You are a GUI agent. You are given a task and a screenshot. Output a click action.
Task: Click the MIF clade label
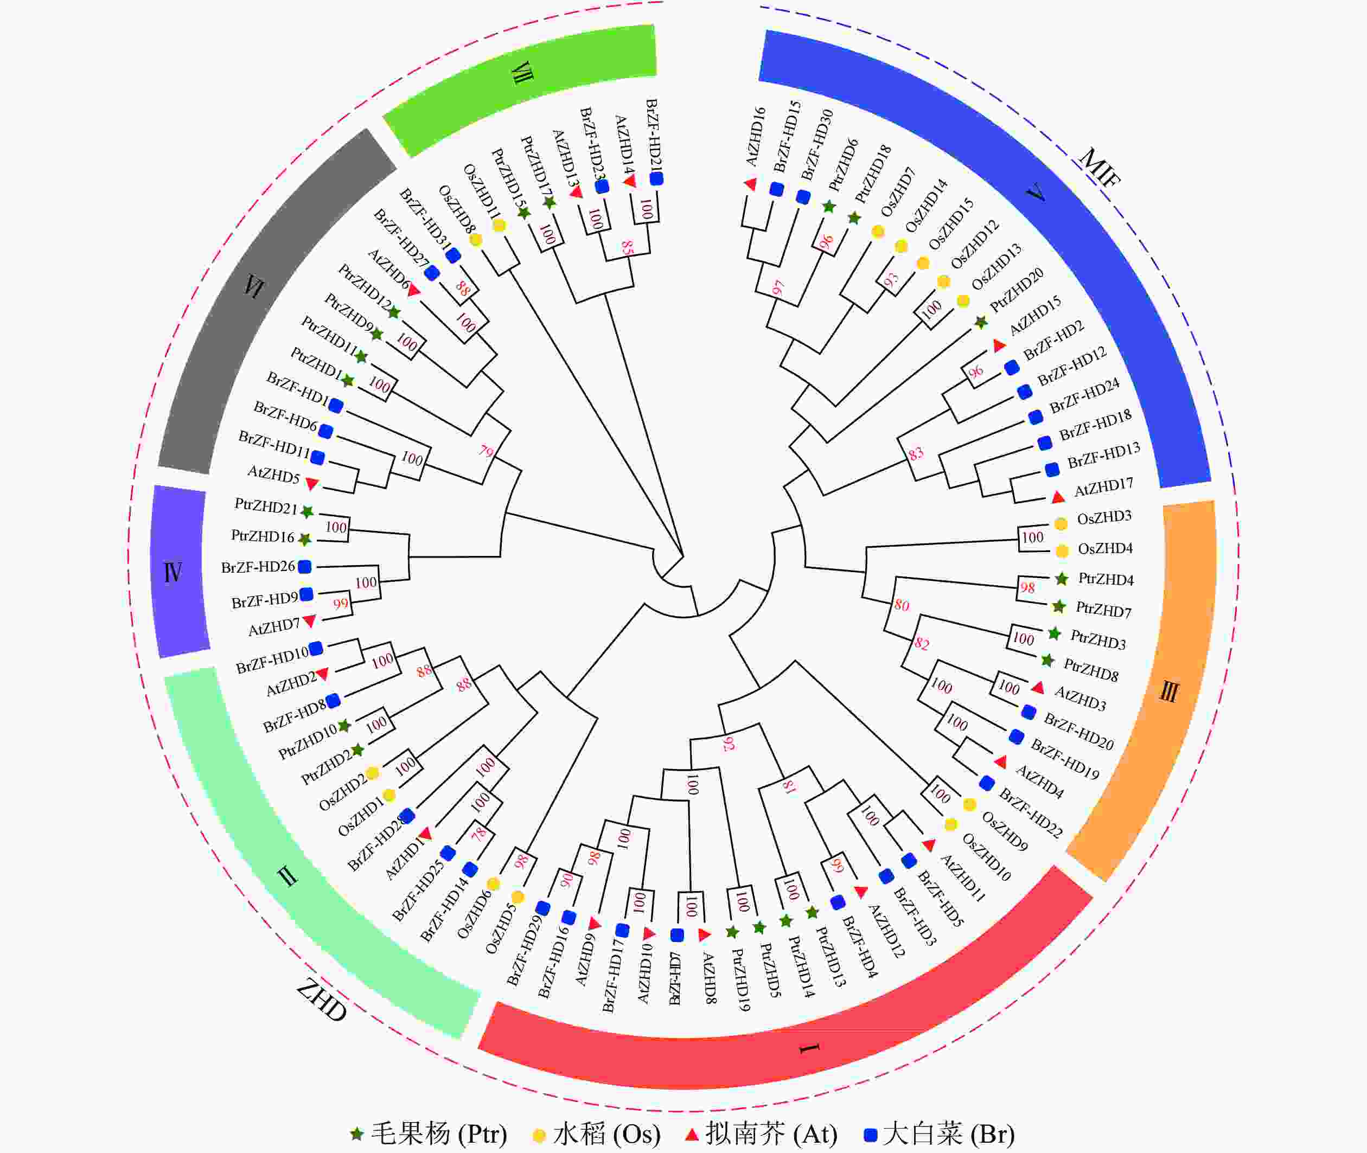pyautogui.click(x=1100, y=168)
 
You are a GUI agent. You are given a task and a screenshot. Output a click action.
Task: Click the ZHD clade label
pyautogui.click(x=322, y=1001)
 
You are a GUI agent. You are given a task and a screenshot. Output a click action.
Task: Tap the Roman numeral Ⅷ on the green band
pyautogui.click(x=522, y=73)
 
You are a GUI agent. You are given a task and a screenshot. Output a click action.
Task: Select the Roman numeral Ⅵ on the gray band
pyautogui.click(x=254, y=286)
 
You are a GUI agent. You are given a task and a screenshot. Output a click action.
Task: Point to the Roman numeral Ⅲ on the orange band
pyautogui.click(x=1169, y=691)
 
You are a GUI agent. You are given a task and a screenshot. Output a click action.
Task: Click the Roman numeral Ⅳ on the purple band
pyautogui.click(x=173, y=572)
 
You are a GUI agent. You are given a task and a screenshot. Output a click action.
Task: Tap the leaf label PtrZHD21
pyautogui.click(x=266, y=507)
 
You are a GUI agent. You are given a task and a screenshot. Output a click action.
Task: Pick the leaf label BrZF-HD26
pyautogui.click(x=258, y=567)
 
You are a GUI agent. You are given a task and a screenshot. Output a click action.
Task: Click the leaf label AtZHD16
pyautogui.click(x=755, y=136)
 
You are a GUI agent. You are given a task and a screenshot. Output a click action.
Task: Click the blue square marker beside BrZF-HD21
pyautogui.click(x=656, y=178)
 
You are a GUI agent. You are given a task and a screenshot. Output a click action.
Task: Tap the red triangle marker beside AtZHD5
pyautogui.click(x=312, y=484)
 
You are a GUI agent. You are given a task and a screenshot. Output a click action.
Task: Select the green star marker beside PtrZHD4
pyautogui.click(x=1062, y=579)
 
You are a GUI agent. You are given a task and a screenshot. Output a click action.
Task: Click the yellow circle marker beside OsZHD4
pyautogui.click(x=1062, y=550)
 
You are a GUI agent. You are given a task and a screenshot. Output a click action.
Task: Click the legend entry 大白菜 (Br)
pyautogui.click(x=940, y=1133)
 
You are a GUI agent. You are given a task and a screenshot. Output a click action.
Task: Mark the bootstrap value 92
pyautogui.click(x=729, y=744)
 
